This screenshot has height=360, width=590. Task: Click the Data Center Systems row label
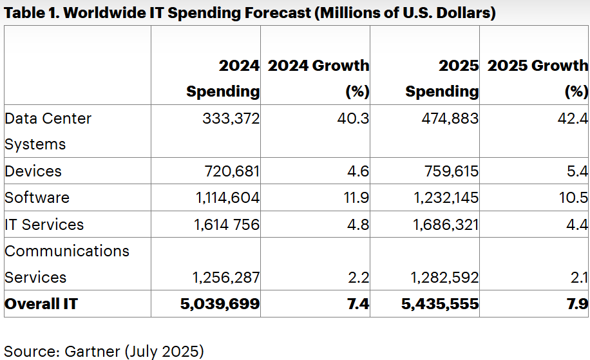(48, 131)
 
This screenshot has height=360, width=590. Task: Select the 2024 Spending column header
(223, 78)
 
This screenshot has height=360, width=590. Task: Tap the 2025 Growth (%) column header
(538, 78)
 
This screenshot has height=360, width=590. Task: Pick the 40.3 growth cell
(356, 118)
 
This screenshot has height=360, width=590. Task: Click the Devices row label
(33, 171)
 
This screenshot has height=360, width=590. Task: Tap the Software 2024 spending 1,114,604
(227, 198)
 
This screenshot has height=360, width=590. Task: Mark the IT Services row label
(44, 225)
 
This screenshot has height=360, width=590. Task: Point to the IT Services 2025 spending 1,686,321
(444, 225)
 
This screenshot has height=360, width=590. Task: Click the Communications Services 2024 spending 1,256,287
(226, 278)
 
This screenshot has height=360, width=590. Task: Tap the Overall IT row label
(41, 304)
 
